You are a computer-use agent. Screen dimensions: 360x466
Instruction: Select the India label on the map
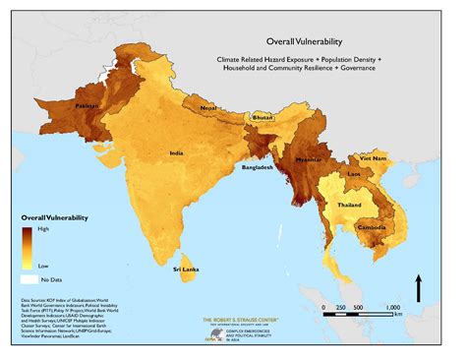tap(176, 153)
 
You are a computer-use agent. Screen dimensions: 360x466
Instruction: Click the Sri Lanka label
tap(186, 269)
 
